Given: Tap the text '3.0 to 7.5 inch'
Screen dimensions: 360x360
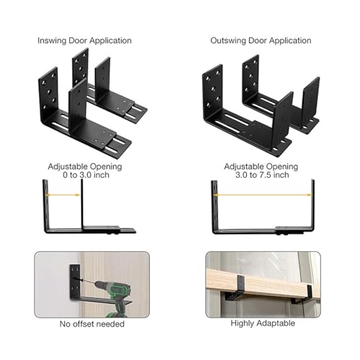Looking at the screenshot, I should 262,174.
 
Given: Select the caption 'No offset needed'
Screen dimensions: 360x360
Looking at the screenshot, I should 91,323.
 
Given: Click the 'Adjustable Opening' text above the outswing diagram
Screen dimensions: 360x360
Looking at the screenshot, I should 262,164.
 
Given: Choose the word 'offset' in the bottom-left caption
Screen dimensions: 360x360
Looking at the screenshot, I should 88,323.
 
